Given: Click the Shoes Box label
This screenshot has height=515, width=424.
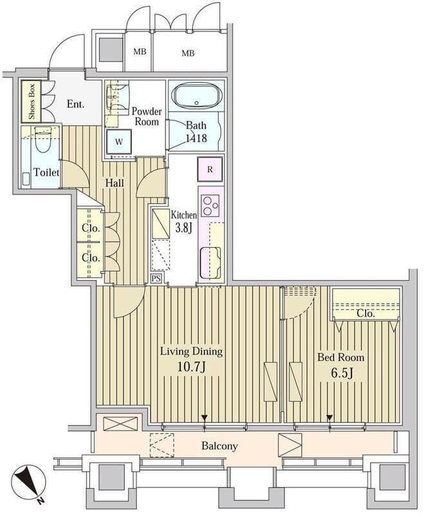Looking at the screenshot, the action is [x=31, y=102].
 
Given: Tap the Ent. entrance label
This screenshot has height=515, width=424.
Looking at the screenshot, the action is [x=75, y=104].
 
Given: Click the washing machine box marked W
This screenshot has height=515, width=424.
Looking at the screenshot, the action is [x=119, y=142].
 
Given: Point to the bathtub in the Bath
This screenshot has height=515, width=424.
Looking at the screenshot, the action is [x=197, y=95].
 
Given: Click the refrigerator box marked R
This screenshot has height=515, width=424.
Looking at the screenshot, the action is [x=210, y=169].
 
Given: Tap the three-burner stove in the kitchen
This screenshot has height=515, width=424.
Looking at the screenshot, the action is [x=210, y=205].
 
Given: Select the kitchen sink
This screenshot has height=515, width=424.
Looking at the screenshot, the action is [x=210, y=263].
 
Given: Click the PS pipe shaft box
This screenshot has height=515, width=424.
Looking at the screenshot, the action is [x=156, y=279].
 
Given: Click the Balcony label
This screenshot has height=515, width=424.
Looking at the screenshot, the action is [x=219, y=446].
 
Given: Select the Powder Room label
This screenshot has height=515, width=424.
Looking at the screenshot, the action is [x=147, y=117].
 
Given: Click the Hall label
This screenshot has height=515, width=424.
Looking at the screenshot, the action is [x=115, y=183].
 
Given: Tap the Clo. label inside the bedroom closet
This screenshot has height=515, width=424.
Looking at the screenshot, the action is [x=365, y=314].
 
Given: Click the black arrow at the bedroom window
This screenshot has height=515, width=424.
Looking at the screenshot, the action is [x=329, y=418].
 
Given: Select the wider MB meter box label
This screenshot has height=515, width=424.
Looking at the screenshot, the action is [x=188, y=53].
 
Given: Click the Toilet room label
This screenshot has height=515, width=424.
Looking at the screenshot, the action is [x=46, y=173].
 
